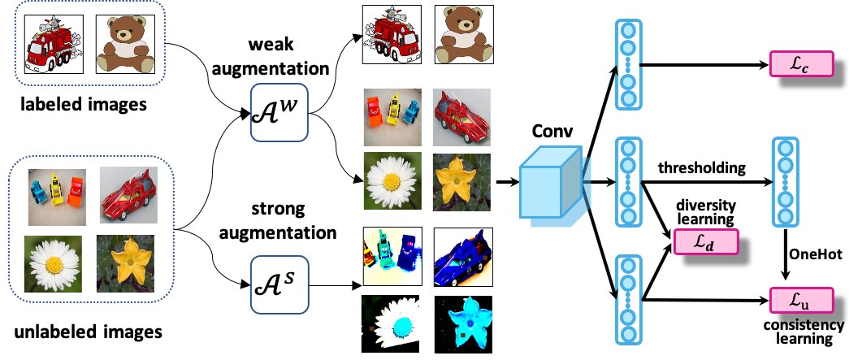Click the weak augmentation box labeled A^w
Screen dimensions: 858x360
(279, 112)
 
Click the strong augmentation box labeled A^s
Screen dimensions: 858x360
(279, 284)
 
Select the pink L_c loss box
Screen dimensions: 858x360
(801, 63)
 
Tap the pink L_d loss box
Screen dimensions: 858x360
(706, 242)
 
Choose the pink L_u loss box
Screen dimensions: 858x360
(801, 301)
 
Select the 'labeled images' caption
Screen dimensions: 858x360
(84, 104)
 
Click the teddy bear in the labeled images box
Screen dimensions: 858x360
(124, 44)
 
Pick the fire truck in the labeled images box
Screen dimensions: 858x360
(54, 44)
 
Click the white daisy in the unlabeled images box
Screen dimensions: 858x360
(53, 264)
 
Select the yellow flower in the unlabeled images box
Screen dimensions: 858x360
(125, 264)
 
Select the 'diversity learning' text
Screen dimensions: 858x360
(706, 212)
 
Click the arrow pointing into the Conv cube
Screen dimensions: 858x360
(507, 181)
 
